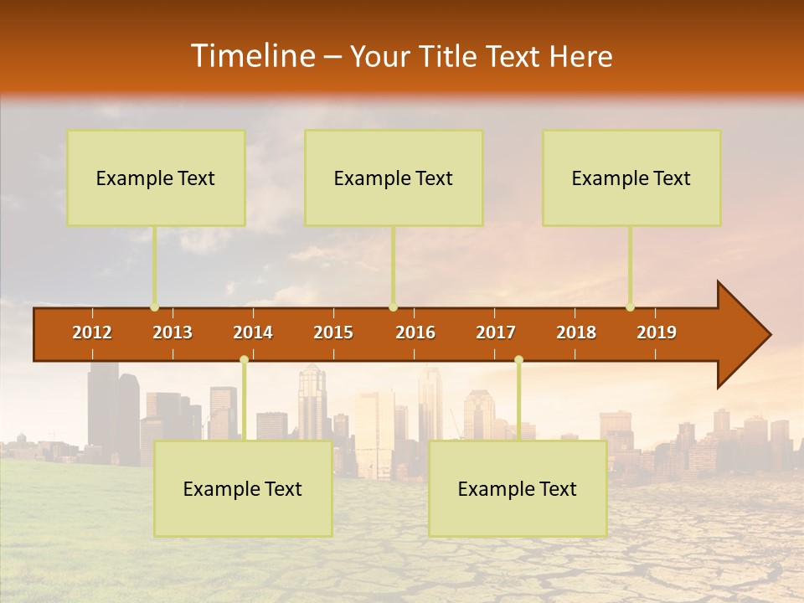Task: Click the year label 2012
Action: pos(92,332)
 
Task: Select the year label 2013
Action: pos(173,332)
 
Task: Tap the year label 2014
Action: pos(253,332)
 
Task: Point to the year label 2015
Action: pos(333,332)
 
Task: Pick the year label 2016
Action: pos(415,332)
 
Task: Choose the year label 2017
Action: pos(496,332)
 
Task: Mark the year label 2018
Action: pos(576,332)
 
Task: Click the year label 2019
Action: pos(657,332)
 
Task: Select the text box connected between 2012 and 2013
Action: pos(156,178)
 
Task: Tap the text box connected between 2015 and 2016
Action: pos(394,178)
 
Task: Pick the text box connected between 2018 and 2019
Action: pos(631,178)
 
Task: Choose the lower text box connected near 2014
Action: pos(243,488)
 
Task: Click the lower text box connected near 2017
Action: pos(518,488)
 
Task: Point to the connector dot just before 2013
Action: pos(154,307)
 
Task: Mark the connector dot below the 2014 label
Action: pos(244,359)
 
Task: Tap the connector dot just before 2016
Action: pos(393,307)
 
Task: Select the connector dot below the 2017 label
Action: pos(518,359)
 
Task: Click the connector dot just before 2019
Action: pos(630,307)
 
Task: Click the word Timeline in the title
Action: pos(252,56)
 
